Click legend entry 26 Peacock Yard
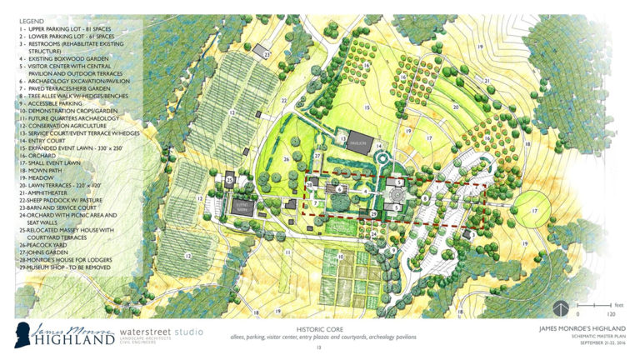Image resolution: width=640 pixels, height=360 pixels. (x=42, y=244)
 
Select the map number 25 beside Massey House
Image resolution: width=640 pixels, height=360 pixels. (x=229, y=178)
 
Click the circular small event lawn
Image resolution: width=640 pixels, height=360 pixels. (x=534, y=212)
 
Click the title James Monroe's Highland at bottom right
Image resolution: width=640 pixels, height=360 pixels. (x=571, y=328)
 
